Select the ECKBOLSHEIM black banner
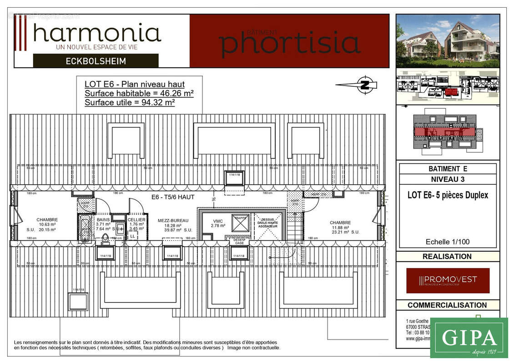pyautogui.click(x=96, y=61)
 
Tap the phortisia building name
pyautogui.click(x=289, y=42)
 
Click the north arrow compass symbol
pyautogui.click(x=364, y=85)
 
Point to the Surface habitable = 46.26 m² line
pyautogui.click(x=139, y=93)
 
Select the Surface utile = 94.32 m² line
pyautogui.click(x=130, y=102)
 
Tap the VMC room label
pyautogui.click(x=218, y=220)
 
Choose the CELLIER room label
pyautogui.click(x=136, y=220)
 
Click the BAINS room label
pyautogui.click(x=103, y=220)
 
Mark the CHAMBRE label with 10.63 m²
pyautogui.click(x=47, y=220)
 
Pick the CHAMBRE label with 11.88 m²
pyautogui.click(x=341, y=222)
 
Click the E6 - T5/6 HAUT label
pyautogui.click(x=173, y=197)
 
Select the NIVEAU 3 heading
pyautogui.click(x=447, y=179)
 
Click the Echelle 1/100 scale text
pyautogui.click(x=447, y=242)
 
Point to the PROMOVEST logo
pyautogui.click(x=448, y=280)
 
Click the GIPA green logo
pyautogui.click(x=469, y=338)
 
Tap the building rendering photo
pyautogui.click(x=448, y=40)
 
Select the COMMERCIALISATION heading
pyautogui.click(x=447, y=305)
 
